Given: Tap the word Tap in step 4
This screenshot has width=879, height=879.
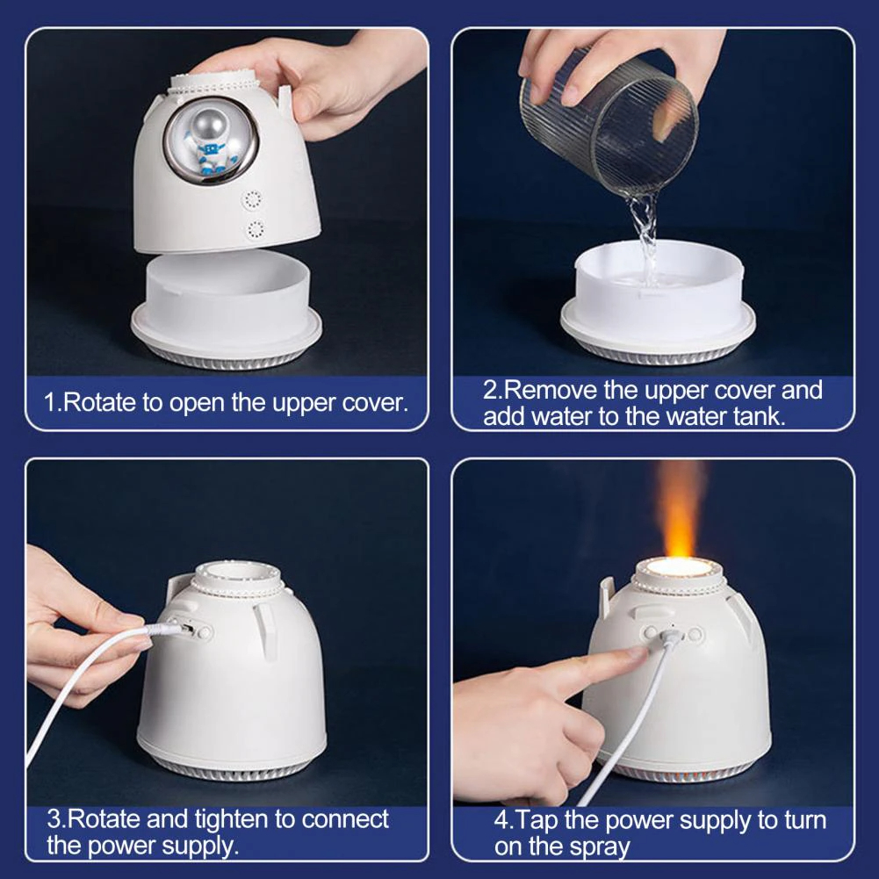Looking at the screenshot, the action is pos(537,821).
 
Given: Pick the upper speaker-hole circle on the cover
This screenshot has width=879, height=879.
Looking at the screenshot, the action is pos(253,199).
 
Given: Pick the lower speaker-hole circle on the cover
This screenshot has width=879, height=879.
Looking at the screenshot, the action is pos(256,230).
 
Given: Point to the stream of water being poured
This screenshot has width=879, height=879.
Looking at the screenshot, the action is pos(645,235).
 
